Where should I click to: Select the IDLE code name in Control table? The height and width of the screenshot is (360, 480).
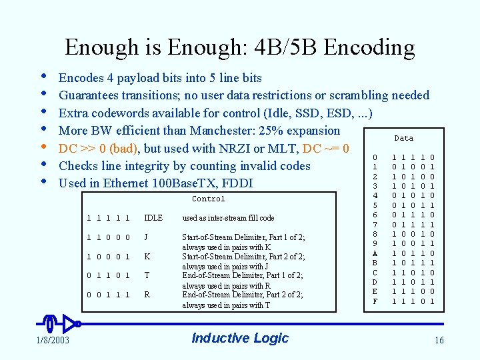point(153,218)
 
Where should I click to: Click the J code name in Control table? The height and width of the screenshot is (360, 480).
point(147,237)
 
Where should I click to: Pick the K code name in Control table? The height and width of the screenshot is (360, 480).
point(147,257)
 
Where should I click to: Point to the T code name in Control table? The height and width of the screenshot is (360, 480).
point(147,276)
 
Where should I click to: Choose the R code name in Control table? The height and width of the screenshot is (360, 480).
point(147,295)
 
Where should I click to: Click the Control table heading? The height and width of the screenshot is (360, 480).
point(209,199)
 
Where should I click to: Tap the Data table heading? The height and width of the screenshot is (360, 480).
point(404,139)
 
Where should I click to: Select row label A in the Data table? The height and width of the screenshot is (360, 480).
point(375,254)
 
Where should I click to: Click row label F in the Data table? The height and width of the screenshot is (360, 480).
point(375,301)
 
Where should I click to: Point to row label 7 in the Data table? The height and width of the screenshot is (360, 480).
point(375,225)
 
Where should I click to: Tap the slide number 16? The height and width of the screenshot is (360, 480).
point(438,341)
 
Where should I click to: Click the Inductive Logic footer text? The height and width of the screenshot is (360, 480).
point(240,338)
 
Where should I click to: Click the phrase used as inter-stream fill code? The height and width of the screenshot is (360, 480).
point(229,218)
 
